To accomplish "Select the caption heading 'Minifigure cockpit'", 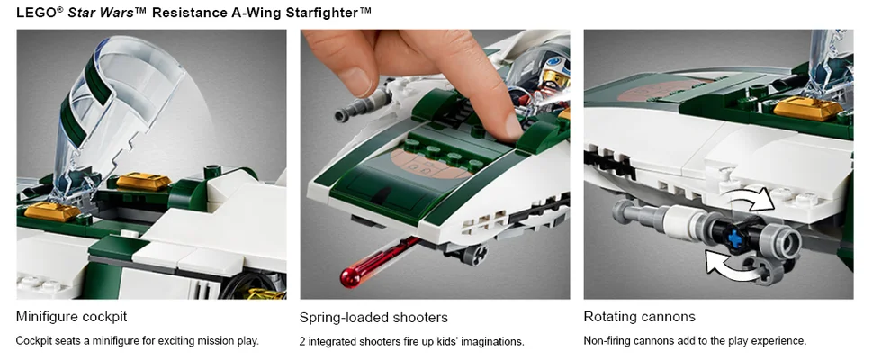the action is (x=72, y=317).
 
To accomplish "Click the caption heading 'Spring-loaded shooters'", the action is (x=373, y=318).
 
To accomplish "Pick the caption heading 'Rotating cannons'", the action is (x=639, y=317).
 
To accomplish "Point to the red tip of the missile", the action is (x=349, y=277).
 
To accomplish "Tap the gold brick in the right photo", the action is (x=808, y=109).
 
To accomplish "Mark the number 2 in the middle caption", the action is (x=302, y=341).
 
